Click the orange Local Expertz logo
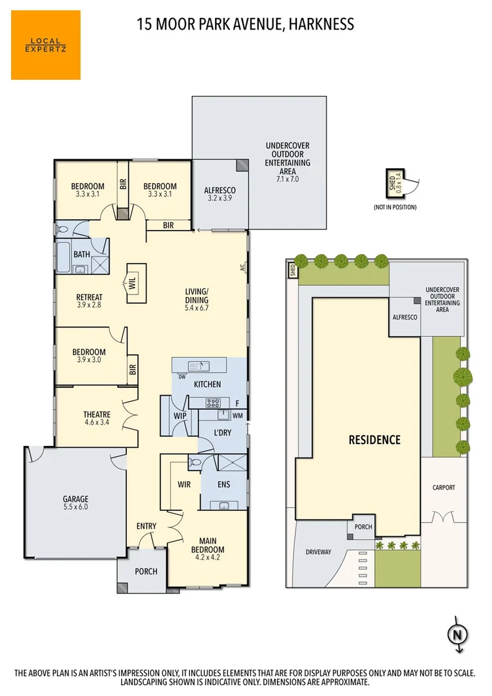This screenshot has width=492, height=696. (x=46, y=45)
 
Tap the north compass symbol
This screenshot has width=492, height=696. (x=457, y=633)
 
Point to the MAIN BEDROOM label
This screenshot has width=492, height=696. (x=207, y=545)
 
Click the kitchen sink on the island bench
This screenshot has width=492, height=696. (x=203, y=366)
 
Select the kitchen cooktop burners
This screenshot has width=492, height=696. (x=213, y=403)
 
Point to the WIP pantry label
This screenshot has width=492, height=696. (x=180, y=416)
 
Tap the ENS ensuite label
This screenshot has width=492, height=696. (x=223, y=484)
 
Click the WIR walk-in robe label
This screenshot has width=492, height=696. (x=185, y=483)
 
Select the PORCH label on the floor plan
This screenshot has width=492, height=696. (x=146, y=572)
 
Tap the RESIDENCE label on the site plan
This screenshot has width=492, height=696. (x=374, y=440)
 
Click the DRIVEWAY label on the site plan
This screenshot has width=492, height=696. (x=318, y=552)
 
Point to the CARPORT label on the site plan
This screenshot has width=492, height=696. (x=443, y=488)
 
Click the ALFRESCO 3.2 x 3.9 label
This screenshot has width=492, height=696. (x=220, y=194)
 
